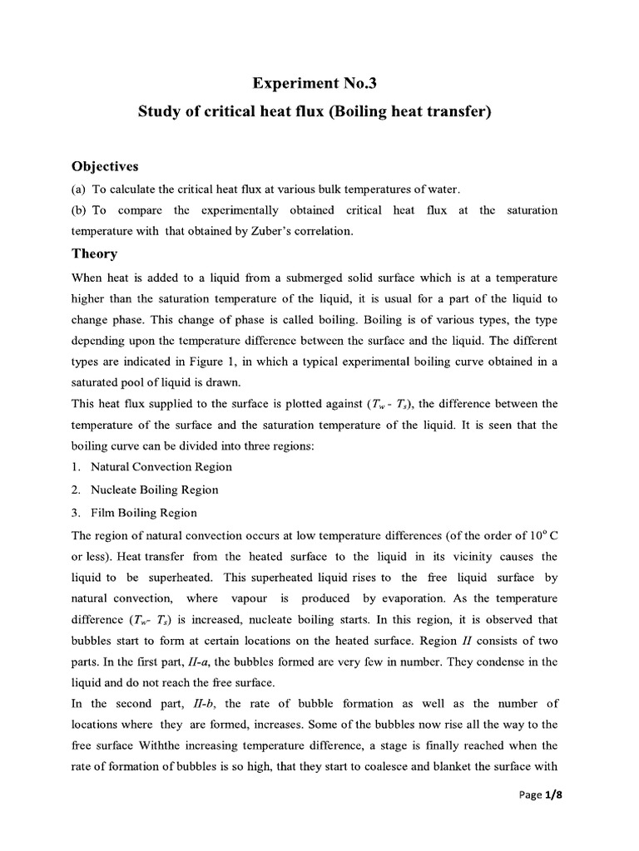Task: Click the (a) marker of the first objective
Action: [81, 189]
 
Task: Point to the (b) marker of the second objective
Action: [81, 210]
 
